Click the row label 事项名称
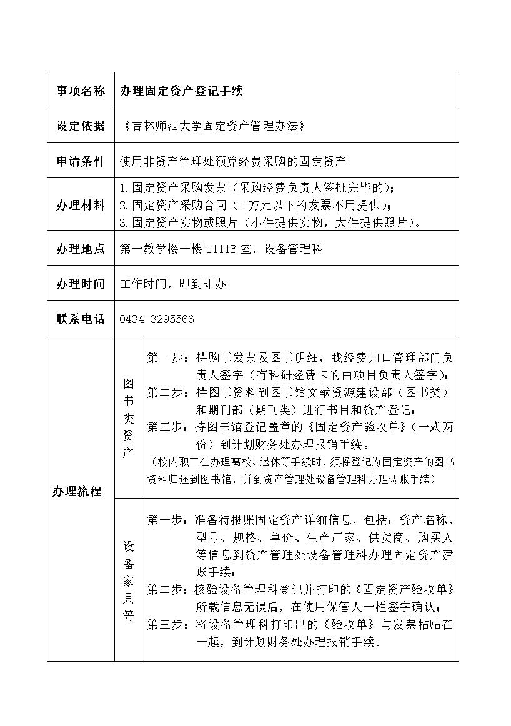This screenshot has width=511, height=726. click(x=81, y=91)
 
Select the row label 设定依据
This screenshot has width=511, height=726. click(x=81, y=126)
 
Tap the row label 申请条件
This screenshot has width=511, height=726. click(x=81, y=161)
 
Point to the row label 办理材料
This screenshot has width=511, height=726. click(x=81, y=205)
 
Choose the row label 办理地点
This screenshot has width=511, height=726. click(x=81, y=249)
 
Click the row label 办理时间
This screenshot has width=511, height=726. click(x=81, y=284)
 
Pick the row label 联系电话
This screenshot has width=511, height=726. click(x=81, y=319)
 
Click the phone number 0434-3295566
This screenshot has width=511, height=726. click(x=157, y=319)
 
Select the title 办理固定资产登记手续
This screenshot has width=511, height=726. click(x=182, y=91)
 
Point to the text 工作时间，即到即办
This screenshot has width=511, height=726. click(x=173, y=284)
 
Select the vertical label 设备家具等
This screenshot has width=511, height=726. click(x=128, y=580)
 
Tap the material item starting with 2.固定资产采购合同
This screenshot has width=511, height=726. click(x=256, y=205)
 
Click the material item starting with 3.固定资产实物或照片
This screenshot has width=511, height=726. click(x=270, y=222)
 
